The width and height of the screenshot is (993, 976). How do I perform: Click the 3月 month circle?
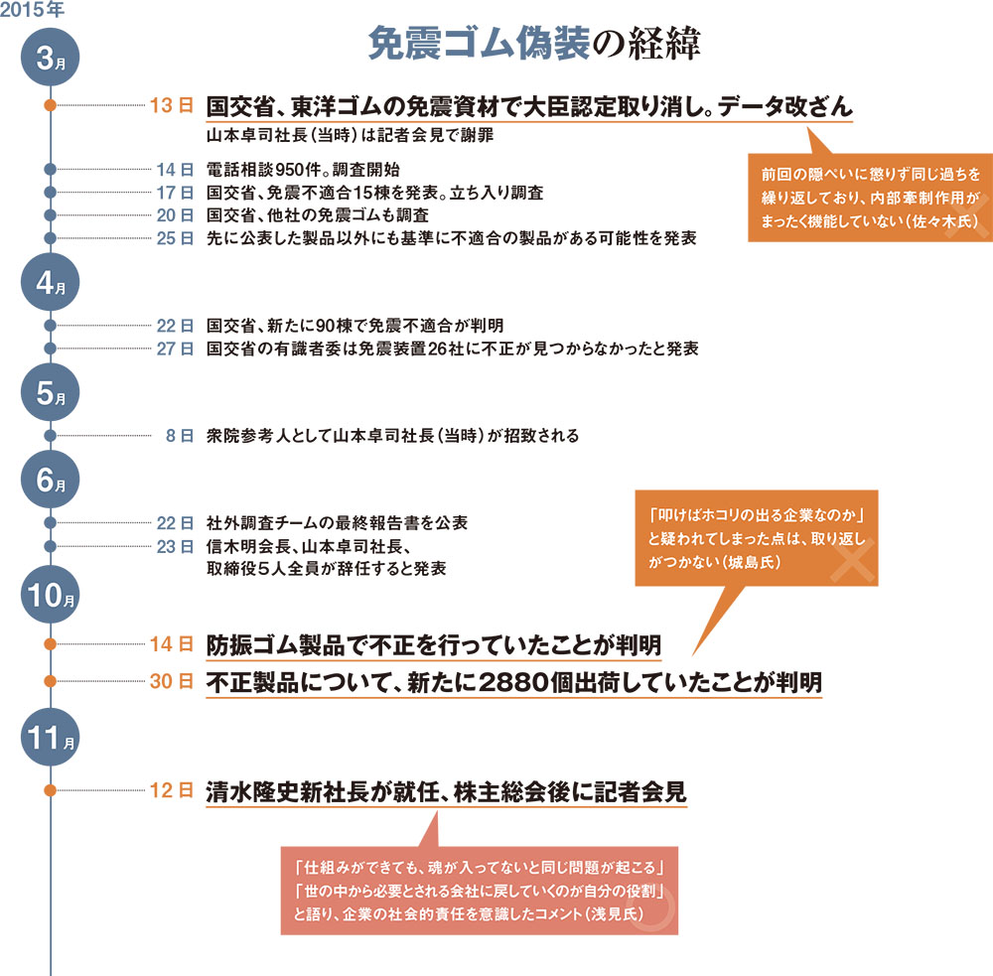click(50, 57)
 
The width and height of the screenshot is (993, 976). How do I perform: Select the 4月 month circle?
click(50, 282)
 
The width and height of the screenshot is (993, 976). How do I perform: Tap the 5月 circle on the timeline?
click(50, 392)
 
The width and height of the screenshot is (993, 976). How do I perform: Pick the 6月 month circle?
click(50, 480)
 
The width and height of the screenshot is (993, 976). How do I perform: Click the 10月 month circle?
click(50, 594)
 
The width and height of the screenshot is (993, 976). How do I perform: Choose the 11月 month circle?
click(50, 737)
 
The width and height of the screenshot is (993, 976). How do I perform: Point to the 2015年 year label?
click(32, 10)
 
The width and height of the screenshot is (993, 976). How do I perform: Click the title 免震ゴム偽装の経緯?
click(534, 43)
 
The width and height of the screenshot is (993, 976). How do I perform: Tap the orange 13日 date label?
click(171, 105)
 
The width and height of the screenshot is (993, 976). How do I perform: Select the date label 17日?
click(175, 193)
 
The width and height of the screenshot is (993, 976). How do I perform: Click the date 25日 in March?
click(175, 238)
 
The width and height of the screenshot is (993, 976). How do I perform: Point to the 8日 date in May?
click(179, 436)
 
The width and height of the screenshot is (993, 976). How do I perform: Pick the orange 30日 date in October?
click(171, 681)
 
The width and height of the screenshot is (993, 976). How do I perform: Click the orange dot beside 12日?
click(50, 790)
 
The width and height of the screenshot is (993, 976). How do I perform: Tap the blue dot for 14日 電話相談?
click(50, 170)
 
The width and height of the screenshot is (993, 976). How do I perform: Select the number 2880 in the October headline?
click(513, 683)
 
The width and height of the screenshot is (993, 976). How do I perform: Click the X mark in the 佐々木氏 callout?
click(967, 216)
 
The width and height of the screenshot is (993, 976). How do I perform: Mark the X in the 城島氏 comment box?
click(852, 560)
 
